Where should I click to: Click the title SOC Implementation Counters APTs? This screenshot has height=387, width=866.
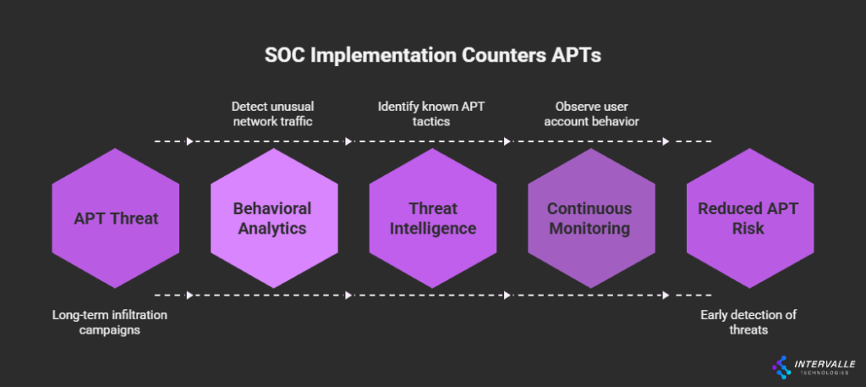432,56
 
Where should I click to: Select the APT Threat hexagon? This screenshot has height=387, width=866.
115,218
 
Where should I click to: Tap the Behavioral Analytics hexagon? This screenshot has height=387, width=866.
274,218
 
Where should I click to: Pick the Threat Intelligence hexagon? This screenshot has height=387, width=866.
433,218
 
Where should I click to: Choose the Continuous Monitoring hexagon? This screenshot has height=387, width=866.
591,218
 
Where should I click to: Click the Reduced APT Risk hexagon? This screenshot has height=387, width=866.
750,218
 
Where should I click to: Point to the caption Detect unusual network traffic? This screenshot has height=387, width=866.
273,113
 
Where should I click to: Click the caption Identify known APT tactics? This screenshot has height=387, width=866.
431,113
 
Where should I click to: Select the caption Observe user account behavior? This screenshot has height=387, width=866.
591,113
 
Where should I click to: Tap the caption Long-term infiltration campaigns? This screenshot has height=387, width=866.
110,323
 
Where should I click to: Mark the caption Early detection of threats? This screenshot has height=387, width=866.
748,323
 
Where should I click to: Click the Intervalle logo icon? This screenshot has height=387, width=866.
781,368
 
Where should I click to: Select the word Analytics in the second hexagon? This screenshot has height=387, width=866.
272,229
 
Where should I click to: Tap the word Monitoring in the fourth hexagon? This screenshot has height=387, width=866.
589,229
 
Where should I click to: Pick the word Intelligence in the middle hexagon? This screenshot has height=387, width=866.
433,229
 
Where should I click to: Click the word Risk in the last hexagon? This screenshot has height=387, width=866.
748,229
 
